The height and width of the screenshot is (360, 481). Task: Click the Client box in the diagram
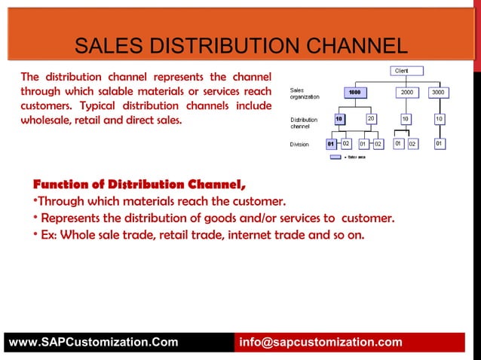click(x=402, y=71)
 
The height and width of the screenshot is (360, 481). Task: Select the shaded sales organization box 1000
click(x=355, y=92)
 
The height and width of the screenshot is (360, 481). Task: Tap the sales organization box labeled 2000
click(x=407, y=92)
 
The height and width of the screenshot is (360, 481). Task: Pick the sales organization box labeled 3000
click(x=438, y=92)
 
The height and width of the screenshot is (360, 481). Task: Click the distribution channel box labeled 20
click(x=371, y=119)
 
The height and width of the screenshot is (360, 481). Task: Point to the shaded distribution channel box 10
click(x=339, y=119)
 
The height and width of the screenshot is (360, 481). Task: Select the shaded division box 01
click(x=331, y=143)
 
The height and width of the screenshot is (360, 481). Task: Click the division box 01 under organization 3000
click(x=438, y=143)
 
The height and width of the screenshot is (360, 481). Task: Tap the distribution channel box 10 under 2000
click(x=406, y=119)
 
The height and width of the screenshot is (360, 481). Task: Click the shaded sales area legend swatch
click(x=335, y=157)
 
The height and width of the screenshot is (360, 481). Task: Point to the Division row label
click(x=300, y=144)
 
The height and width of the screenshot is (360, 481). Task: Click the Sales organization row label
click(x=305, y=93)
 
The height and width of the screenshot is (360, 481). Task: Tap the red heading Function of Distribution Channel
click(x=139, y=185)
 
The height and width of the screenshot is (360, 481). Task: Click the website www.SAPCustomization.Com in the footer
click(x=93, y=343)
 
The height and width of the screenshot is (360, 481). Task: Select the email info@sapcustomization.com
click(x=320, y=343)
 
